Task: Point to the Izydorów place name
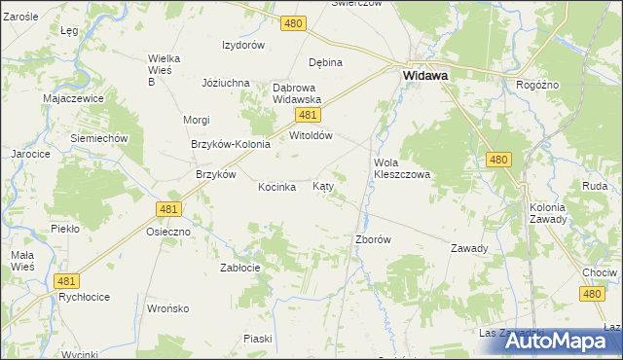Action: (243, 46)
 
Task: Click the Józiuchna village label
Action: (226, 83)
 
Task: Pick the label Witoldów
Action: (311, 136)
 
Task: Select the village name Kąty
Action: (323, 186)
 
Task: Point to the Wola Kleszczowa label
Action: (402, 168)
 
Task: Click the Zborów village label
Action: (374, 239)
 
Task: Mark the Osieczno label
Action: (167, 233)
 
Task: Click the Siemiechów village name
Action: (99, 138)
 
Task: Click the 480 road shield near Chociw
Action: (592, 293)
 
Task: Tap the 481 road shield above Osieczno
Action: (168, 209)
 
